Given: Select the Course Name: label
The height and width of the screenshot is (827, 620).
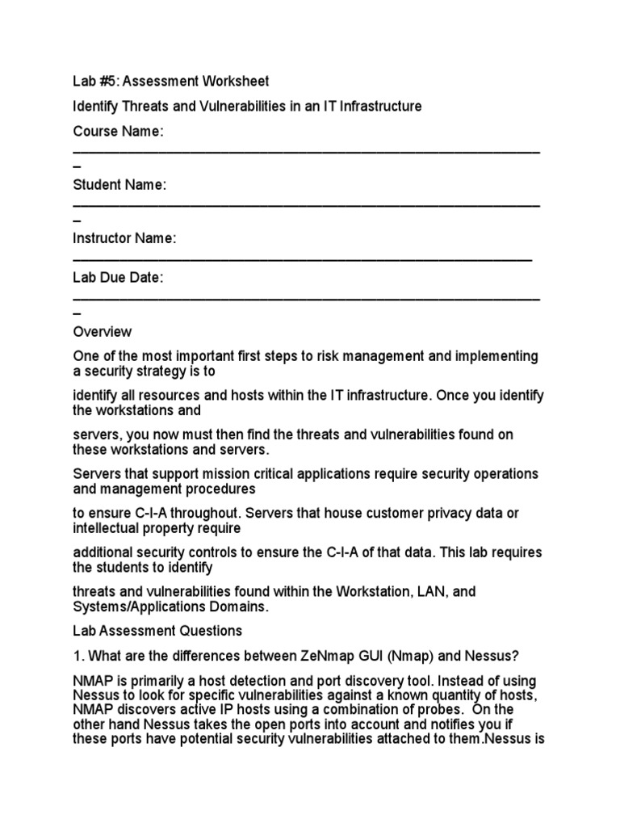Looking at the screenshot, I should click(x=119, y=132).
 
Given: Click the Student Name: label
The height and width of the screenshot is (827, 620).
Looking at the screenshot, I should click(x=119, y=185).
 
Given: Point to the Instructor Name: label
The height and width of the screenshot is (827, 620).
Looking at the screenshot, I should click(x=124, y=238).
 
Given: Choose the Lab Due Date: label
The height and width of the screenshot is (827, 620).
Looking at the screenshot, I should click(x=118, y=278).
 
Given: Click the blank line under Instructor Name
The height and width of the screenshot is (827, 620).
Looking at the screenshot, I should click(x=302, y=259).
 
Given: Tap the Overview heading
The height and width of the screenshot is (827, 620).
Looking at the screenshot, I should click(x=103, y=331).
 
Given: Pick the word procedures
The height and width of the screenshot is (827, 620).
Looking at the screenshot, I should click(x=220, y=489).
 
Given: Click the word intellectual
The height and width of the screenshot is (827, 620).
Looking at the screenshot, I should click(x=107, y=528).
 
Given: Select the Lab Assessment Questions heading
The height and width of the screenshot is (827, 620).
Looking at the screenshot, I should click(x=157, y=630).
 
